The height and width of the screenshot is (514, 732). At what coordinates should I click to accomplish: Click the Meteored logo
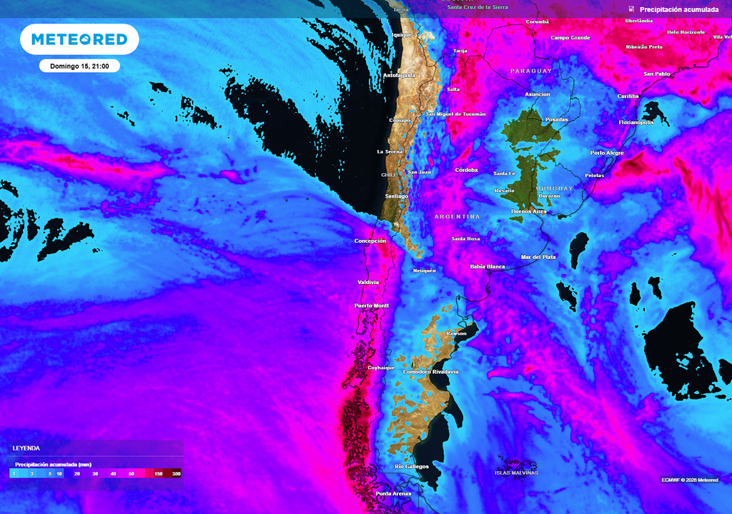pos(79,39)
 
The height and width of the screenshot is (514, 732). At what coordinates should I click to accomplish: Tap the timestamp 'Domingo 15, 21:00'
pos(79,66)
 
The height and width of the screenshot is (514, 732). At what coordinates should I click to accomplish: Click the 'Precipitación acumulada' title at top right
pos(680,9)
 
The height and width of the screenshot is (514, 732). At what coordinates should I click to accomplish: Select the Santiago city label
pos(396,196)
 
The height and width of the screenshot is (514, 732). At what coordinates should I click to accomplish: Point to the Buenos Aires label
pos(529,211)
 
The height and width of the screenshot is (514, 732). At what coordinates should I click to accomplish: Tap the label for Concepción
pos(370,241)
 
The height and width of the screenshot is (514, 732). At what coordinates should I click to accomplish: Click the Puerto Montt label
pos(372,306)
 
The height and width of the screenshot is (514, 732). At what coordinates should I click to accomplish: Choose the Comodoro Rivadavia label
pos(431,372)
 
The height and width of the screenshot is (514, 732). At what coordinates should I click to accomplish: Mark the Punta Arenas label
pos(394,493)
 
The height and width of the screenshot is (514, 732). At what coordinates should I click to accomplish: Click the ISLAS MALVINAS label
pos(516,473)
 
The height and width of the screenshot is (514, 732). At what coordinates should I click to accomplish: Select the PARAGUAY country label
pos(531,71)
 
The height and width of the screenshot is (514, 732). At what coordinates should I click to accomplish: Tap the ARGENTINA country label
pos(457,216)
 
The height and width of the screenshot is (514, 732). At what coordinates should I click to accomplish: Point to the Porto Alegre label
pos(607,153)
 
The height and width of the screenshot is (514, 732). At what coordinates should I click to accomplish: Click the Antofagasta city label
pos(400,75)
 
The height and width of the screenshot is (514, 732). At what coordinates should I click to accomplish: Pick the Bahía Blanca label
pos(487,266)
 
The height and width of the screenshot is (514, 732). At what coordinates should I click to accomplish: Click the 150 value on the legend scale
pos(157,473)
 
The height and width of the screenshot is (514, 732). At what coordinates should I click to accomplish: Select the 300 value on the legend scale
pos(176,473)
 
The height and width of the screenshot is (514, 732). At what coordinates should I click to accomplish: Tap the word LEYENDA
pos(26,448)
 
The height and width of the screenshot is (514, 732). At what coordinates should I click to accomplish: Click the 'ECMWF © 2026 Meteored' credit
pos(690,480)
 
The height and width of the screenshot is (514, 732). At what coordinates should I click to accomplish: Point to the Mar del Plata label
pos(538,257)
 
